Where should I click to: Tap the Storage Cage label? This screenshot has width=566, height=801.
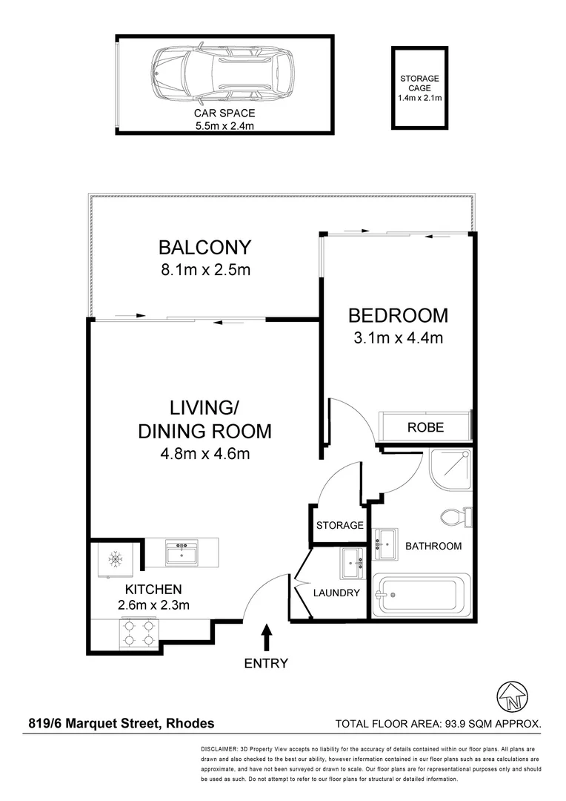click(420, 88)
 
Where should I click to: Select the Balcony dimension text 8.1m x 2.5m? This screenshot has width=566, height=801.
click(204, 270)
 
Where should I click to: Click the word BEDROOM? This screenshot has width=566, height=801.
click(398, 316)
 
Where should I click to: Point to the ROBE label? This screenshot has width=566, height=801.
click(425, 427)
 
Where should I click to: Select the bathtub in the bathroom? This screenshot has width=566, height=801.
click(423, 595)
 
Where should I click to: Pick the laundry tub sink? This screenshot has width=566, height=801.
click(351, 565)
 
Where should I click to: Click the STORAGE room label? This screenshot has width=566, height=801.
click(339, 525)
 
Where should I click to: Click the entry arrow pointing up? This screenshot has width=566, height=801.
click(266, 638)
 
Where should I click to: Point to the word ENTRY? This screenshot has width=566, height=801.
click(266, 664)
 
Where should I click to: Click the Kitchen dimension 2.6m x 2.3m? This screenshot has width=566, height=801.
click(153, 605)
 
